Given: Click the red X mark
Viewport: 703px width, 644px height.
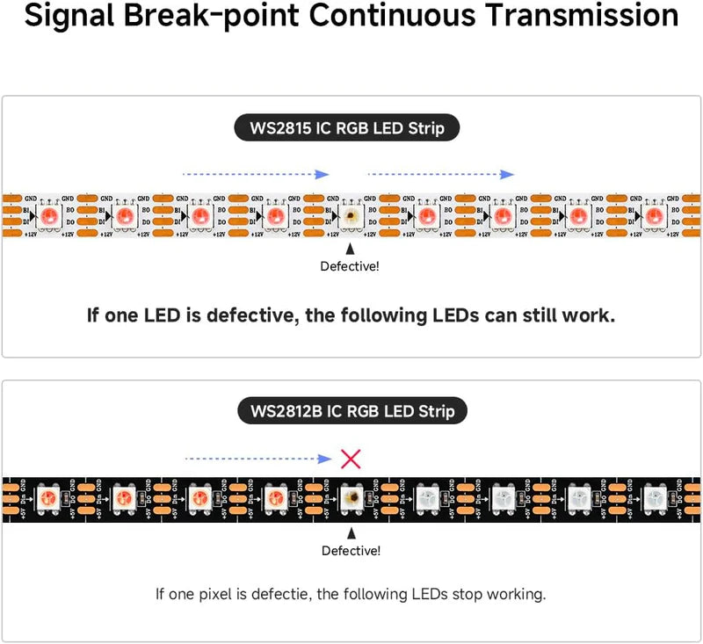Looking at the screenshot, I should pyautogui.click(x=351, y=458).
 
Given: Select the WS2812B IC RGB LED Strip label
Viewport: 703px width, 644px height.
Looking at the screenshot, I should pyautogui.click(x=351, y=410).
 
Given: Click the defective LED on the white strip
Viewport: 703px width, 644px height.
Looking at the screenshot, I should pyautogui.click(x=351, y=216).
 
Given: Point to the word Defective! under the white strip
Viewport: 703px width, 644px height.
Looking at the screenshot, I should pyautogui.click(x=351, y=265).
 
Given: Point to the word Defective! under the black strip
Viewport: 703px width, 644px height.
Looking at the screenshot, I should pyautogui.click(x=351, y=551).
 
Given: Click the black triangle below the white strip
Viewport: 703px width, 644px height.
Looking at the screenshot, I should pyautogui.click(x=351, y=249).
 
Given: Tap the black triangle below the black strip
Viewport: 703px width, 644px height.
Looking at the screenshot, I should pyautogui.click(x=351, y=533).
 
